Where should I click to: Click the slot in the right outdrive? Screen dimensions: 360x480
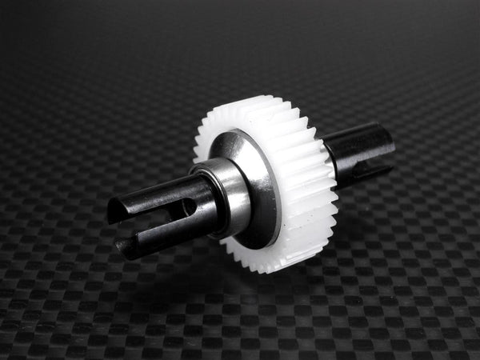point(376,168)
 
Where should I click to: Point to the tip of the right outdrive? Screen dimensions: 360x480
point(390,156)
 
